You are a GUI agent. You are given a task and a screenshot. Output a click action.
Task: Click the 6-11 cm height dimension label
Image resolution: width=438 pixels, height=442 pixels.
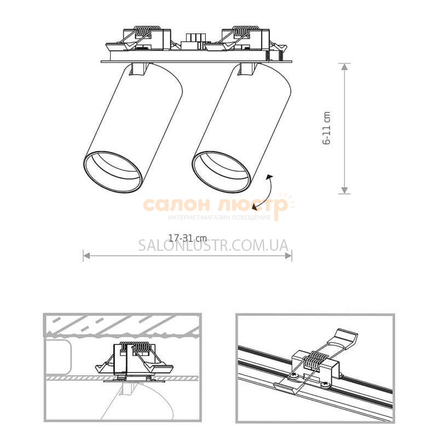[x=326, y=128]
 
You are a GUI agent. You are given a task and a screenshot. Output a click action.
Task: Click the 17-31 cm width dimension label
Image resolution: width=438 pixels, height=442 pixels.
[x=187, y=238]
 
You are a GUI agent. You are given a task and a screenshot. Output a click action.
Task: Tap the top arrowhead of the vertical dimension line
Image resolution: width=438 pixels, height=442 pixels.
[x=344, y=66]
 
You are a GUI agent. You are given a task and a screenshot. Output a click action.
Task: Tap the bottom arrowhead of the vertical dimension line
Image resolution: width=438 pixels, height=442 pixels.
[x=344, y=190]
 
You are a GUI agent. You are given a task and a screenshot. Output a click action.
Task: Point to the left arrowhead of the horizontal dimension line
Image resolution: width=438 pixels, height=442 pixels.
[x=87, y=256]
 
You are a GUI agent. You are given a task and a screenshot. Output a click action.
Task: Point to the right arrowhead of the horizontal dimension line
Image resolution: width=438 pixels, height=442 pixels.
[x=289, y=256]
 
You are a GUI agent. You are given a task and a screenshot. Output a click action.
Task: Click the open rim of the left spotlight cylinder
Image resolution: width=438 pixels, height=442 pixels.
[x=112, y=172]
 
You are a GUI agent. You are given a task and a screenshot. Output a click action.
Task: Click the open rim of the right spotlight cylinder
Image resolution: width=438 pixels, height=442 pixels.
[x=221, y=172]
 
